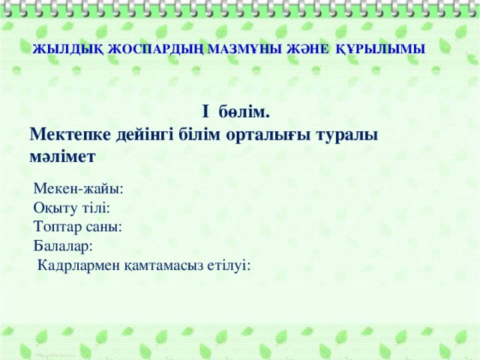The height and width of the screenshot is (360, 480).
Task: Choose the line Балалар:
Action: pyautogui.click(x=64, y=246)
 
